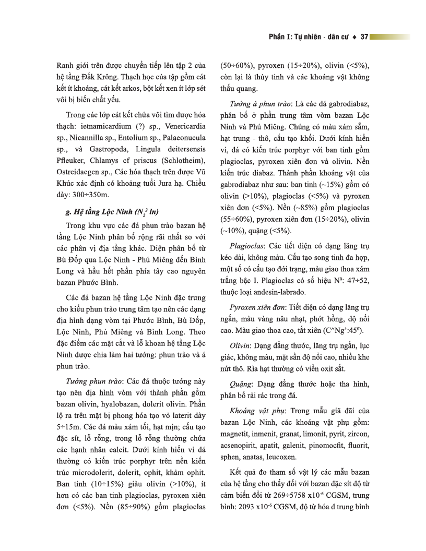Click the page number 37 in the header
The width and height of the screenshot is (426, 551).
(x=364, y=37)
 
